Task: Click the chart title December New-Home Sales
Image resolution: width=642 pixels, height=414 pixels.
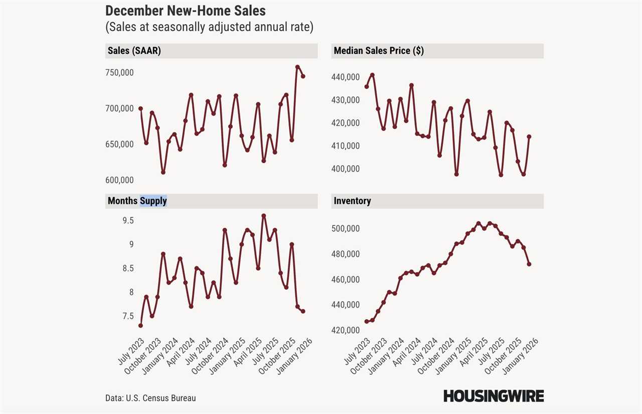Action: click(x=186, y=11)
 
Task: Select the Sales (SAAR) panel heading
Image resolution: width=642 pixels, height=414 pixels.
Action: click(x=134, y=51)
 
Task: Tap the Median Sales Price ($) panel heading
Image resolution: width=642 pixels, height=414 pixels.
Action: click(x=378, y=51)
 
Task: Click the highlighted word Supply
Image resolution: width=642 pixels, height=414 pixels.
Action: click(x=153, y=201)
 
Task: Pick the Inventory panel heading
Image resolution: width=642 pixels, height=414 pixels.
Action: click(x=352, y=201)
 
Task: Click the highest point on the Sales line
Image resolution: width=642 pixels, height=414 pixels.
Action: click(x=297, y=67)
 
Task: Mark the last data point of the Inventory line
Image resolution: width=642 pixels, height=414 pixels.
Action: click(x=529, y=264)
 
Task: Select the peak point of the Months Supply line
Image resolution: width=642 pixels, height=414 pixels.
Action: click(x=264, y=216)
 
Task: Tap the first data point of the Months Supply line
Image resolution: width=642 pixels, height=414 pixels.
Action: click(x=140, y=326)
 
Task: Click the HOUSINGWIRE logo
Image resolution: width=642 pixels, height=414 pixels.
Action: click(x=493, y=396)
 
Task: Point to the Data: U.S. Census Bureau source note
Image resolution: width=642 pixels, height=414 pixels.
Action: click(x=150, y=398)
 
